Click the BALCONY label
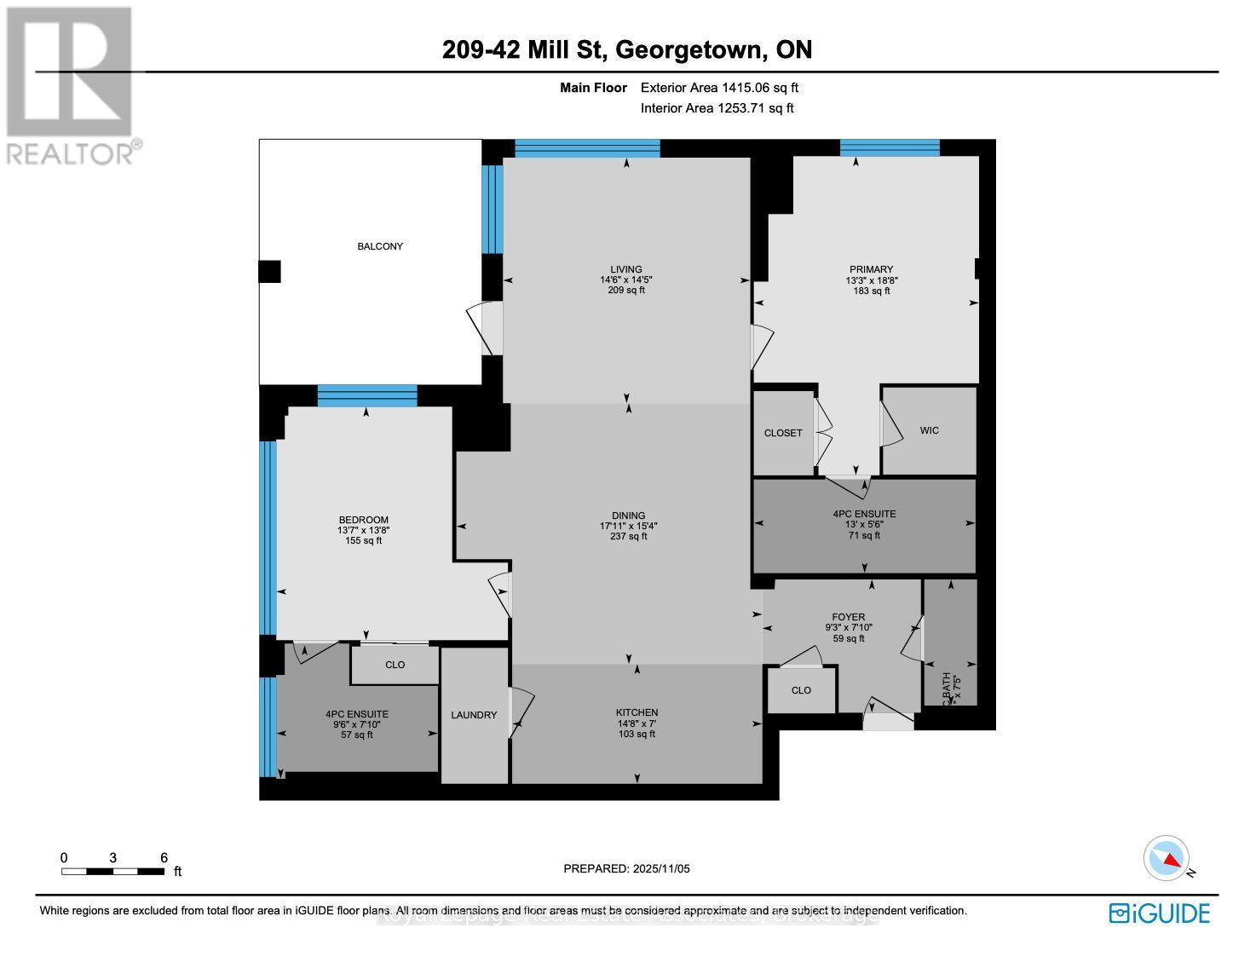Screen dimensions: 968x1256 [380, 246]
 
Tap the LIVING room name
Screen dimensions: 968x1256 [626, 269]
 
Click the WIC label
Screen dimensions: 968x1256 [930, 430]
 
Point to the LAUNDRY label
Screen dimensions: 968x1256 [474, 715]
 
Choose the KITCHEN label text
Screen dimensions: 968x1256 [637, 712]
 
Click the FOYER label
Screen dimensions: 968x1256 [848, 617]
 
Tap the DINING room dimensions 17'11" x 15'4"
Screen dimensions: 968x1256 [628, 526]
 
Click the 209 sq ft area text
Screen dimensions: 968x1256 [626, 290]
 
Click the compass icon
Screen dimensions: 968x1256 [1167, 860]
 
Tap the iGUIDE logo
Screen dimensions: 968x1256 [1160, 913]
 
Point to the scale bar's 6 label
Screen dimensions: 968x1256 [164, 858]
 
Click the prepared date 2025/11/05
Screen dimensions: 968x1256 [661, 868]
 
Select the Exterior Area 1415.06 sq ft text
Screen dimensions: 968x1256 [719, 87]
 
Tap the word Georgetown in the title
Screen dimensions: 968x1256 [688, 49]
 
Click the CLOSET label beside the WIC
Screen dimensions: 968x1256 [783, 433]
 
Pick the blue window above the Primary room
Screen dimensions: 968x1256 [890, 147]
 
